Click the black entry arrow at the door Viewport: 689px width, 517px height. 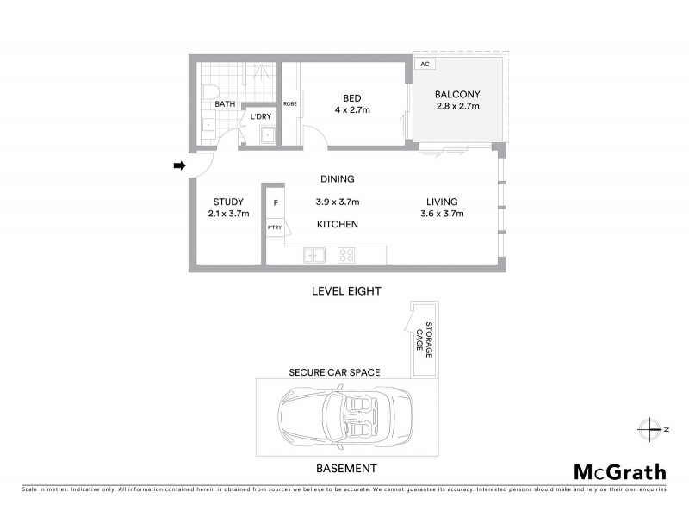click(179, 165)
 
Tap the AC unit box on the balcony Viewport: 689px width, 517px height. click(425, 65)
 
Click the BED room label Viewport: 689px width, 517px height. click(351, 97)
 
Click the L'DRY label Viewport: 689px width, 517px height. click(261, 116)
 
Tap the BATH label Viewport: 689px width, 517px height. click(225, 104)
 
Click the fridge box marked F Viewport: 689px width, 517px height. click(275, 203)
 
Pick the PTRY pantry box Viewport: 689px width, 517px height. click(275, 227)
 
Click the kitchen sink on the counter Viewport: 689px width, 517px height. click(313, 255)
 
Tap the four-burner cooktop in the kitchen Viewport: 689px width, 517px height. click(347, 255)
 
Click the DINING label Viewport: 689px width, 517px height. click(338, 179)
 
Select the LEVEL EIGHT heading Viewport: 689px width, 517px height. click(345, 292)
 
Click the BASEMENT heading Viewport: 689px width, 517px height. click(345, 469)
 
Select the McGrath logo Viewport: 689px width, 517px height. click(619, 471)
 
